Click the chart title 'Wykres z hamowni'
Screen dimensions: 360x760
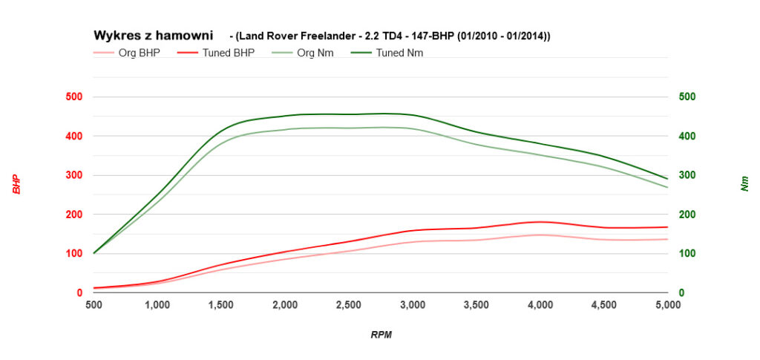click(x=153, y=35)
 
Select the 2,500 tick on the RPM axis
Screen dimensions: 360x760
click(x=349, y=305)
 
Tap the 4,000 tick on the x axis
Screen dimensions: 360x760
click(x=540, y=305)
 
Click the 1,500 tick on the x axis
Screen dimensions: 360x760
click(x=221, y=305)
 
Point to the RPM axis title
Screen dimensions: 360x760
click(x=381, y=335)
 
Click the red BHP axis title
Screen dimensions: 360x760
click(x=16, y=184)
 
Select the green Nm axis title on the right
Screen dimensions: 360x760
click(x=744, y=184)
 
